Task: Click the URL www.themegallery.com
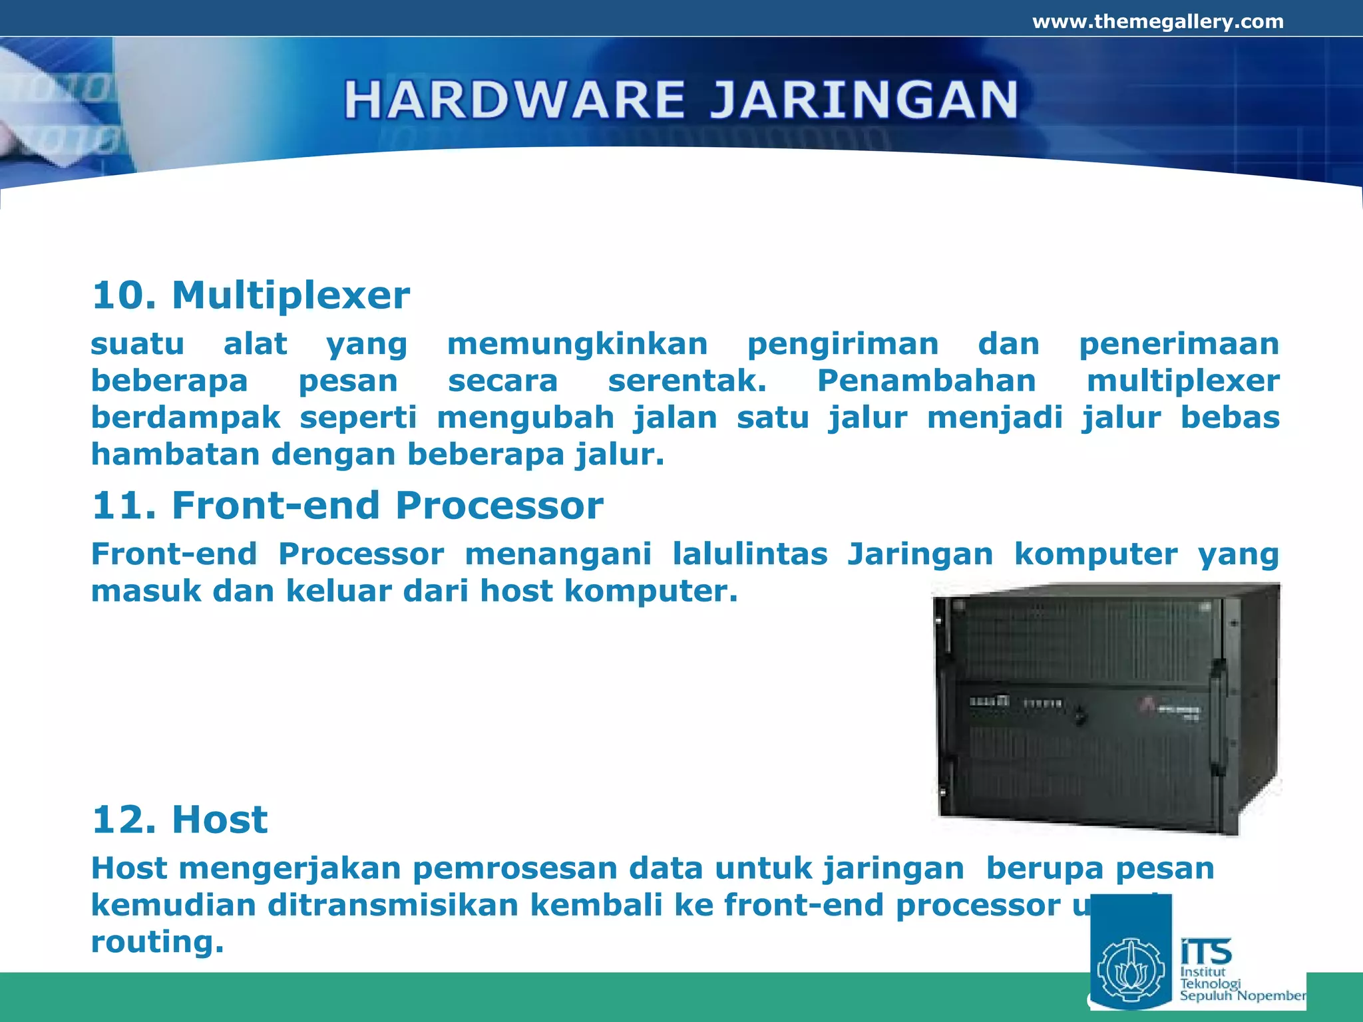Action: pyautogui.click(x=1157, y=22)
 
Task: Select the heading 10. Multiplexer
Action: pyautogui.click(x=250, y=295)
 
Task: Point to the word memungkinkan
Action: pyautogui.click(x=577, y=344)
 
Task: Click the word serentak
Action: pyautogui.click(x=687, y=381)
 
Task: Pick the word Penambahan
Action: pyautogui.click(x=926, y=381)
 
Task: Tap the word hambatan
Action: pyautogui.click(x=175, y=454)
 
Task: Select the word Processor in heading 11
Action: pyautogui.click(x=499, y=505)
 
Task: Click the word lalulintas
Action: pyautogui.click(x=749, y=554)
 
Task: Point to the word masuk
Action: pyautogui.click(x=146, y=591)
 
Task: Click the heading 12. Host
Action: pyautogui.click(x=180, y=819)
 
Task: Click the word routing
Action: pyautogui.click(x=157, y=941)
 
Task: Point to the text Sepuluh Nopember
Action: pyautogui.click(x=1242, y=996)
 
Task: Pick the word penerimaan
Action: pyautogui.click(x=1179, y=344)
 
